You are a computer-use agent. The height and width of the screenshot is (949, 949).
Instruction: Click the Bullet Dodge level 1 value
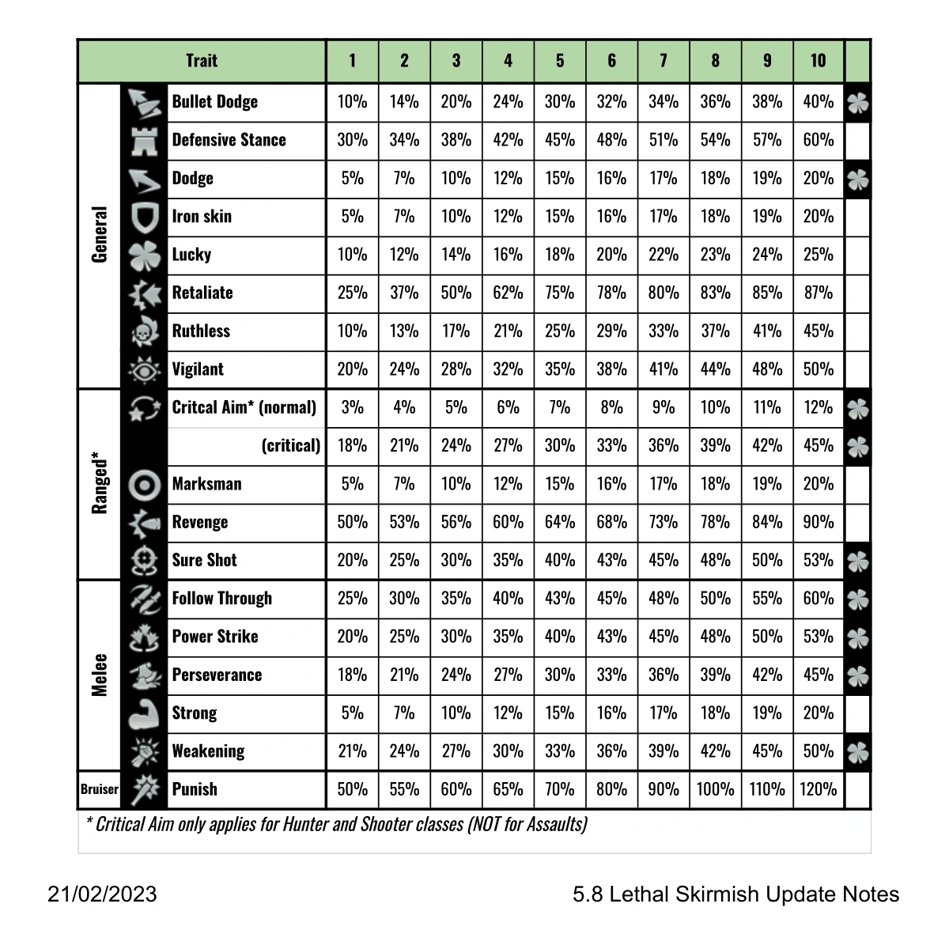352,102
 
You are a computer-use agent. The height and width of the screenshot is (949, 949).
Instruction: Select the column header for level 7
663,61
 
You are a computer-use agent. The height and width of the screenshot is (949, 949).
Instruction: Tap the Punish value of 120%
818,789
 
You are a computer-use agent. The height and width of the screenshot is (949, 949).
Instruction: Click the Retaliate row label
202,293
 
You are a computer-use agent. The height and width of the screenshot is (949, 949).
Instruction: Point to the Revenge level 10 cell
818,522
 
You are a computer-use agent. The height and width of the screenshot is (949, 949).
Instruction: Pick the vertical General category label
100,235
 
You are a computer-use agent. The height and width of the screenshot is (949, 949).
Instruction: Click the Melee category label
100,675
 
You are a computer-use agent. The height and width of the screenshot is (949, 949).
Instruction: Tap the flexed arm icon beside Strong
145,713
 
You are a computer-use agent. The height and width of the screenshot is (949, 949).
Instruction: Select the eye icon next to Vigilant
145,369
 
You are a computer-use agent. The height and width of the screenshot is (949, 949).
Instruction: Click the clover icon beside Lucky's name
145,255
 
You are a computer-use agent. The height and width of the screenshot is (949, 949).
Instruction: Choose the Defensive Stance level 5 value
559,140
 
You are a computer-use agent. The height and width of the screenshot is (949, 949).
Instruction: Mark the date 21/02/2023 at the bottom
102,894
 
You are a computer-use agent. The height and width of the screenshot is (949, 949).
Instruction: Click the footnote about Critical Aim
336,824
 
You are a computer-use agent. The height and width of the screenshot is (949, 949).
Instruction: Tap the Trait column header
202,61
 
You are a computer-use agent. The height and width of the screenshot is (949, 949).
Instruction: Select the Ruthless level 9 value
766,331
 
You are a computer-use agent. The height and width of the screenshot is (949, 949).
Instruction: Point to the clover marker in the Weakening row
858,752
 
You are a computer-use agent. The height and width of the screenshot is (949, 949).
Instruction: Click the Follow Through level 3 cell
456,599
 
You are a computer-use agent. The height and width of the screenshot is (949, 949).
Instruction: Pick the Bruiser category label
100,789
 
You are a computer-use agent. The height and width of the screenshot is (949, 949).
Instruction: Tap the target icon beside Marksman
145,484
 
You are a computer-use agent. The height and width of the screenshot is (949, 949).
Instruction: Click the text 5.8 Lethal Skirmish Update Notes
735,894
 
